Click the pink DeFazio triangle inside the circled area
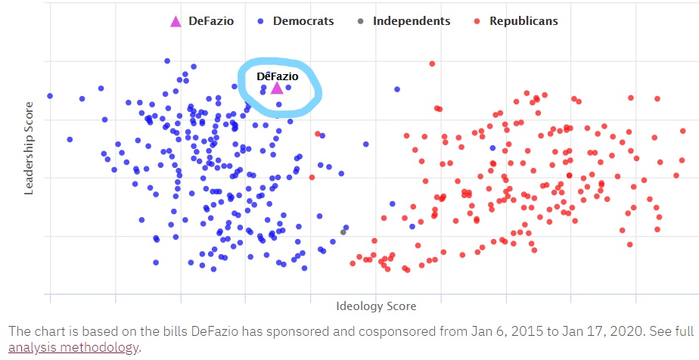277,88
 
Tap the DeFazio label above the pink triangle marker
277,76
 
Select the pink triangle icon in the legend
176,21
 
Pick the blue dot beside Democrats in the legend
261,21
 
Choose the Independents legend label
412,21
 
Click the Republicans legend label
523,21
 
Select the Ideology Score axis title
376,306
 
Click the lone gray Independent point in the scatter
343,231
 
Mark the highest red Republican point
432,64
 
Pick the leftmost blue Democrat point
50,96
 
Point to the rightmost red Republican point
682,160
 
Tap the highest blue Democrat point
167,61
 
